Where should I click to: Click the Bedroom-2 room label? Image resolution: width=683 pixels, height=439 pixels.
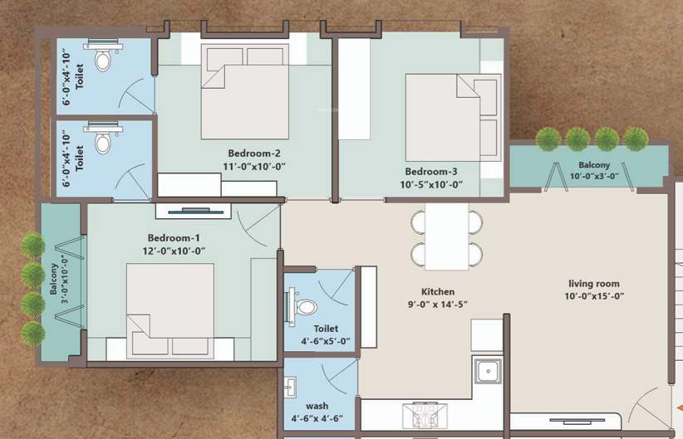click(254, 154)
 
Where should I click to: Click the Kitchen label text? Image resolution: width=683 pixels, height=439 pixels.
click(437, 291)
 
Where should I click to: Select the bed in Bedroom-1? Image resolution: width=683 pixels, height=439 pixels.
click(170, 311)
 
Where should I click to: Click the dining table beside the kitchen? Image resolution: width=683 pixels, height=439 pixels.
click(447, 237)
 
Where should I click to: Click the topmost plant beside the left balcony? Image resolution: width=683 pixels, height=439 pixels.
click(32, 245)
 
